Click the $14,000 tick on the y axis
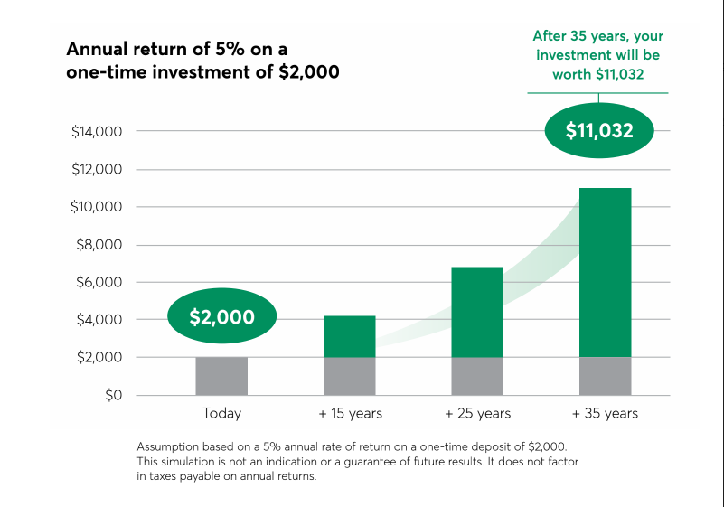click(97, 132)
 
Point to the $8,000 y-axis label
click(99, 244)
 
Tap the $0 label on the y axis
click(114, 395)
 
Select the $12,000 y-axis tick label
click(97, 170)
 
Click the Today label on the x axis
click(221, 413)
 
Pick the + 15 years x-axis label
click(351, 413)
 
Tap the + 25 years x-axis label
click(478, 413)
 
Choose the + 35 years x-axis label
click(605, 413)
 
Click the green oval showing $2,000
click(221, 315)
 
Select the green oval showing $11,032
click(599, 130)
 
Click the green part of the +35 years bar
click(606, 272)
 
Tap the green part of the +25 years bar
click(477, 312)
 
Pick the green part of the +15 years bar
click(350, 336)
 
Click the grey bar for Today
click(221, 376)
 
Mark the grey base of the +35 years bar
click(606, 376)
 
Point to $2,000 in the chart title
click(309, 72)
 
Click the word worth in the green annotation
click(571, 74)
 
